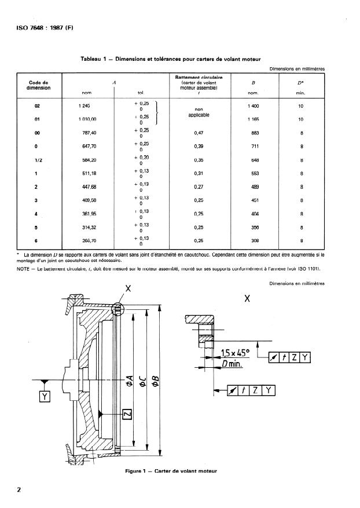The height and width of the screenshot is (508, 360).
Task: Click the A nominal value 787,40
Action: (x=87, y=132)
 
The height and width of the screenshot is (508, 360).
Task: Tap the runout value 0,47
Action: (x=199, y=132)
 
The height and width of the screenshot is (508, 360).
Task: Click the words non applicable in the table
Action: (x=199, y=112)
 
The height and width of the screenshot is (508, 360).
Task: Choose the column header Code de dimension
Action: (x=38, y=85)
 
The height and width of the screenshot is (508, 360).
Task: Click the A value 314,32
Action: (x=87, y=228)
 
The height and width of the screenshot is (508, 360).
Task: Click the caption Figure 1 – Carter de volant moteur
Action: (x=172, y=471)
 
